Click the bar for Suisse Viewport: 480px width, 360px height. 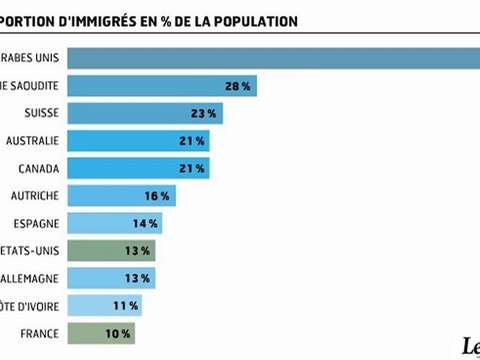tap(150, 112)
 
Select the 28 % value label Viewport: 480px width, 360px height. tap(237, 85)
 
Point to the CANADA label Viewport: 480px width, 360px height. tap(36, 167)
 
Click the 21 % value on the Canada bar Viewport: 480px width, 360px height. tap(193, 167)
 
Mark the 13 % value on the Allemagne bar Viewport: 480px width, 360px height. tap(139, 277)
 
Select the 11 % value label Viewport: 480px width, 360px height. tap(125, 305)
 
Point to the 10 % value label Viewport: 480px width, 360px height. tap(118, 332)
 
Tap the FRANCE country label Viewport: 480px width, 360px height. tap(37, 332)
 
